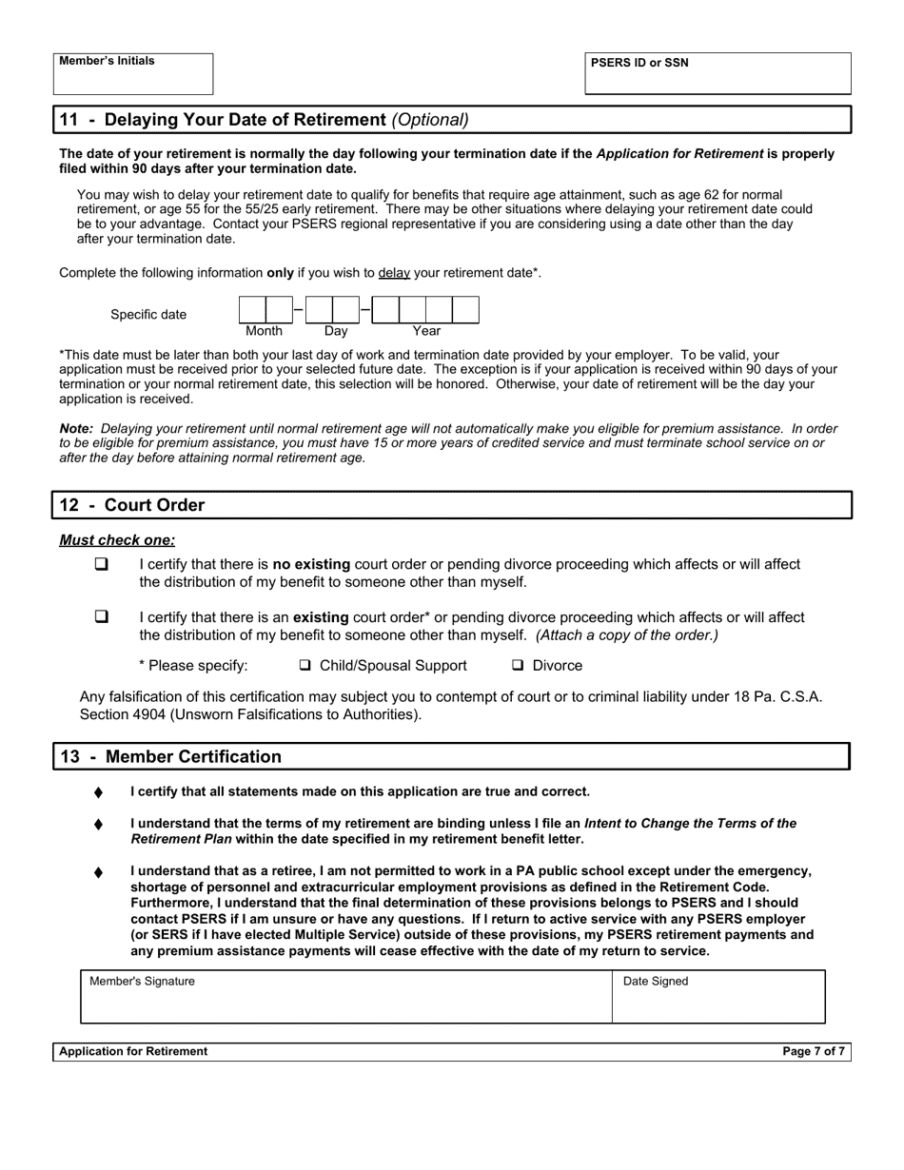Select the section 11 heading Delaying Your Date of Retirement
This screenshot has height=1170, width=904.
264,120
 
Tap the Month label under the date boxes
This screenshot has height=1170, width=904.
264,331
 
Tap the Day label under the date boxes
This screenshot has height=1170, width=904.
336,331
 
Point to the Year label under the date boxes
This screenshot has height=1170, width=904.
426,331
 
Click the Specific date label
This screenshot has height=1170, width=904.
148,315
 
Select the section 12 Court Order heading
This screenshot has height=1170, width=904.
132,505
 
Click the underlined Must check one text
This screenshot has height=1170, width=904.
117,540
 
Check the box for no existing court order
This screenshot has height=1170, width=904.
102,564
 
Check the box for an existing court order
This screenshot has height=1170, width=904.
102,617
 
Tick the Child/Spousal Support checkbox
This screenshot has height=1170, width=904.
305,666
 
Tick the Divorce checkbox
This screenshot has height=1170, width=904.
519,666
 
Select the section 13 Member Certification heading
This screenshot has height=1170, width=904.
171,757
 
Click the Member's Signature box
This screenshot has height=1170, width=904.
346,998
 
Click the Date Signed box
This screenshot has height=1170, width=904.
718,998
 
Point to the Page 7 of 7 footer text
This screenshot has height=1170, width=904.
813,1051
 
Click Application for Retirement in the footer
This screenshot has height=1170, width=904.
133,1051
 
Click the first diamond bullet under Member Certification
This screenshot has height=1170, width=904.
98,792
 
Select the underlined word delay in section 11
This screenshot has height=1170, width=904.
394,273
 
